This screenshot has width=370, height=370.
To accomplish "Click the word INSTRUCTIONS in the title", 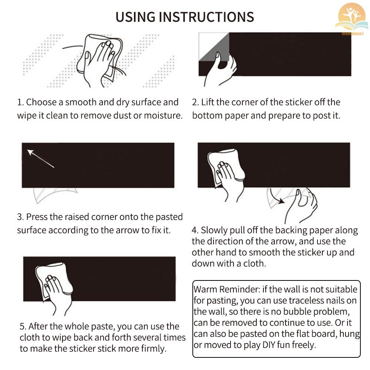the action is tap(206, 17).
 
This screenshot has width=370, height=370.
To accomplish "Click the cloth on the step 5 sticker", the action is tap(54, 281).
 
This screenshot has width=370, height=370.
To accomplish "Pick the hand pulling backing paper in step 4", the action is tap(301, 205).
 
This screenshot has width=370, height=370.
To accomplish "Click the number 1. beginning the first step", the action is tap(20, 102).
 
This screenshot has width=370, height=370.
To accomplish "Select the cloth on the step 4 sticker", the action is tap(226, 166).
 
